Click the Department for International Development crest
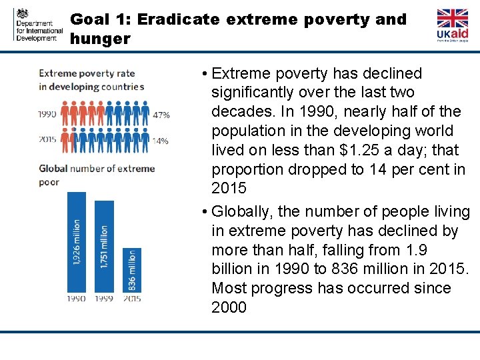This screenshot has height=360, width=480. tap(23, 14)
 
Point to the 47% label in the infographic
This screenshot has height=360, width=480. tap(161, 115)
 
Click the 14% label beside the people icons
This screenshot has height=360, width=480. tap(161, 141)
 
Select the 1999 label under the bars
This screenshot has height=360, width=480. tap(104, 299)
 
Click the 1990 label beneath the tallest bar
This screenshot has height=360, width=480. tap(76, 299)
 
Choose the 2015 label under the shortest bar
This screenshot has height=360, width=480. tap(131, 299)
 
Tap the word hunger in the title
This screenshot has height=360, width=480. tap(100, 39)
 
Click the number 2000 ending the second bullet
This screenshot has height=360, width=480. tap(229, 307)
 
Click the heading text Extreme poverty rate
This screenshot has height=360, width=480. tap(87, 73)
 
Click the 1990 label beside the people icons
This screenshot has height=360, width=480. tap(47, 115)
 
